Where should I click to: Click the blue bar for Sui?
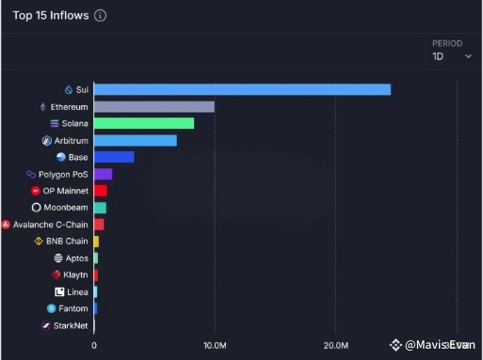coord(242,89)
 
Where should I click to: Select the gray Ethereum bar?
coord(153,106)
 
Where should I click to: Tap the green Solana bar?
coord(143,123)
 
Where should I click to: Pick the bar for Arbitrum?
coord(135,140)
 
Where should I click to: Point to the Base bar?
coord(114,157)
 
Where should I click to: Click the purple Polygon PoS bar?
coord(103,174)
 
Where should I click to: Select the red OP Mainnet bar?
coord(100,191)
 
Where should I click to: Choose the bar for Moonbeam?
coord(100,208)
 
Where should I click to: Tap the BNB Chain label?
coord(67,242)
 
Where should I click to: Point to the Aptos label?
coord(76,258)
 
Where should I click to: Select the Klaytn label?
coord(75,275)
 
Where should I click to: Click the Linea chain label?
coord(77,292)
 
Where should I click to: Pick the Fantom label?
coord(72,308)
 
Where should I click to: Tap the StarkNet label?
coord(70,325)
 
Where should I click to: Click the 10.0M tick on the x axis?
coord(215,346)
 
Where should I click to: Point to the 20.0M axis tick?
coord(336,346)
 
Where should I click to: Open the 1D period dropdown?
coord(452,56)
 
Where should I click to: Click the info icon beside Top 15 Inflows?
coord(101,15)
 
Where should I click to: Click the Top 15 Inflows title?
coord(50,15)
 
